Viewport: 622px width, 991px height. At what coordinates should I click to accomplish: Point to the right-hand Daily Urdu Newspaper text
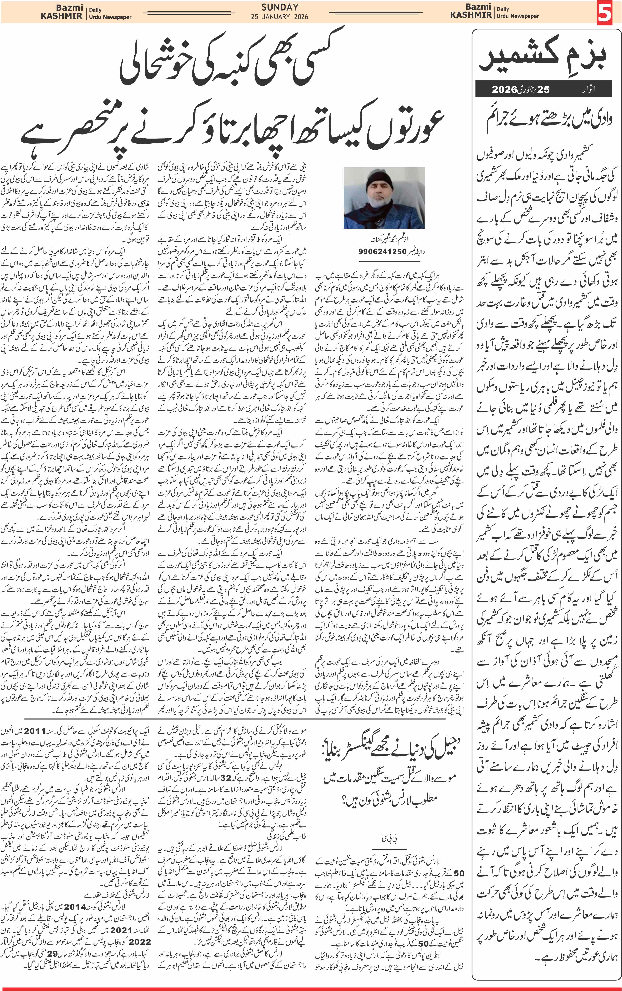(518, 12)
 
